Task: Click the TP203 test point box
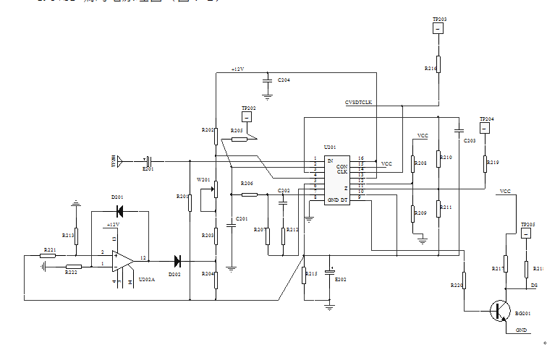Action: pyautogui.click(x=438, y=29)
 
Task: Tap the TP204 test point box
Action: pyautogui.click(x=485, y=128)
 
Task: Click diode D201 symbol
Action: pyautogui.click(x=120, y=211)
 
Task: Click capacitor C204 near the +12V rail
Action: pyautogui.click(x=267, y=80)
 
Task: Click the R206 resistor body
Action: pyautogui.click(x=248, y=194)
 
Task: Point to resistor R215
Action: pyautogui.click(x=303, y=274)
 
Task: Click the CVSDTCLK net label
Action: pyautogui.click(x=358, y=103)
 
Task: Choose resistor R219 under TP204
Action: pyautogui.click(x=485, y=164)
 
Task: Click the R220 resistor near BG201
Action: pyautogui.click(x=464, y=280)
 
